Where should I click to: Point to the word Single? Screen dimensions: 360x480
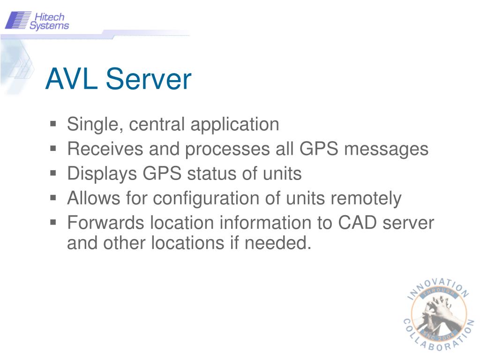tap(96, 125)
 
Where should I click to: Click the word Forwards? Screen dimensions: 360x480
tap(106, 223)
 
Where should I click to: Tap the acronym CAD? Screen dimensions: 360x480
tap(358, 223)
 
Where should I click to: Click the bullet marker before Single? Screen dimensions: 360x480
tap(53, 124)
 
